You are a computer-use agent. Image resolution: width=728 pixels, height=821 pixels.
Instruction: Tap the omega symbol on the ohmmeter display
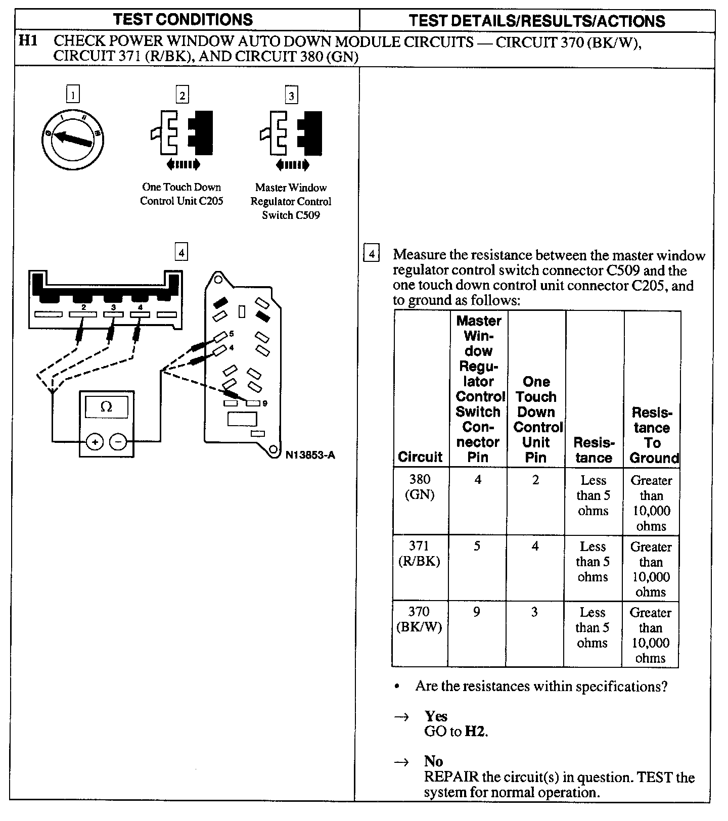tap(106, 406)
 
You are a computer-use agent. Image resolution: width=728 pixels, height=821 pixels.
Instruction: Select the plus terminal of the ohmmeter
tap(95, 442)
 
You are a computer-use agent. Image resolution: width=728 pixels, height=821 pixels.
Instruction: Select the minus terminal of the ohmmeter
tap(118, 442)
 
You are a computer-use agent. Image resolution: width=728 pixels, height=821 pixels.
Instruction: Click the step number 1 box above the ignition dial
tap(73, 95)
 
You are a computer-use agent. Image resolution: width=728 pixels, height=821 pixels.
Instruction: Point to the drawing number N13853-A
tap(310, 455)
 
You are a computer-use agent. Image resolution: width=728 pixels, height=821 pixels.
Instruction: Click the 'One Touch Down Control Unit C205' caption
tap(181, 194)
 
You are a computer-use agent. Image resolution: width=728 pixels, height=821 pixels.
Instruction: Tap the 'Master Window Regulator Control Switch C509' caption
tap(291, 201)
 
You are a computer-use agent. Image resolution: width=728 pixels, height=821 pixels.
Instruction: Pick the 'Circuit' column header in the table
tap(420, 457)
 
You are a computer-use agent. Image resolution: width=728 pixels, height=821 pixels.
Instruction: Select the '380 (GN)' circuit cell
tap(420, 487)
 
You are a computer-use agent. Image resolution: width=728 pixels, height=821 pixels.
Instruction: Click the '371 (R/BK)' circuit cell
tap(420, 554)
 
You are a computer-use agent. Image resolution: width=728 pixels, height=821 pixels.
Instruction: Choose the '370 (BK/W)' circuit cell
tap(419, 620)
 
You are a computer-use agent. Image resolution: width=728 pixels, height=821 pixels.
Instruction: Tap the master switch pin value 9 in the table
tap(476, 613)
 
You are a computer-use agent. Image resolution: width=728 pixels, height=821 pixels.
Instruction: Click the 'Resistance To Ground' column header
tap(653, 435)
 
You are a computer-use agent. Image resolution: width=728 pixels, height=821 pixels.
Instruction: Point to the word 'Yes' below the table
tap(436, 716)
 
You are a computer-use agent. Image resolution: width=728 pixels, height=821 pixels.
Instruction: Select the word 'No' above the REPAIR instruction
tap(433, 762)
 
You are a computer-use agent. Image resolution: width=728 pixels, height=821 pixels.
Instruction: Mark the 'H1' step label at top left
tap(28, 41)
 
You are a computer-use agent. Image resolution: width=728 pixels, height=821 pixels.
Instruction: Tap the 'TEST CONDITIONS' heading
tap(183, 20)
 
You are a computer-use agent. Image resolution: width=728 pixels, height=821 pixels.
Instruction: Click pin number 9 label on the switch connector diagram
tap(265, 403)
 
